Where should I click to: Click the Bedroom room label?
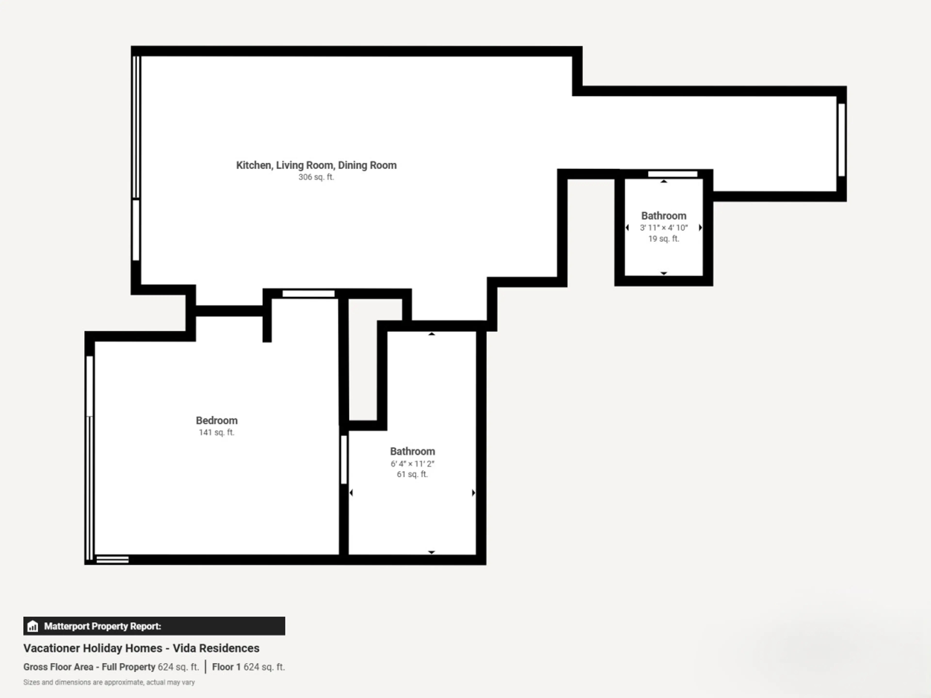coord(217,420)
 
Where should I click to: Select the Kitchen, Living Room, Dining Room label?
coord(316,165)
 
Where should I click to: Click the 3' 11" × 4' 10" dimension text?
coord(664,228)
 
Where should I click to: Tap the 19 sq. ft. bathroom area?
coord(664,238)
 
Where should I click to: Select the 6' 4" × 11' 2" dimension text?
coord(412,464)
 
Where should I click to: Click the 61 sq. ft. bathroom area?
coord(412,474)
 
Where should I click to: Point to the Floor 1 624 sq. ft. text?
coord(248,667)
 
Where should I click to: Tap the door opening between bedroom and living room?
coord(308,294)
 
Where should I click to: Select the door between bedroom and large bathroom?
coord(344,460)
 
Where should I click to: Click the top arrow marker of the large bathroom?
coord(431,334)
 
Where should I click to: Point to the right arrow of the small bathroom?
coord(700,228)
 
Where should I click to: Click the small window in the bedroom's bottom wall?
coord(112,560)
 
